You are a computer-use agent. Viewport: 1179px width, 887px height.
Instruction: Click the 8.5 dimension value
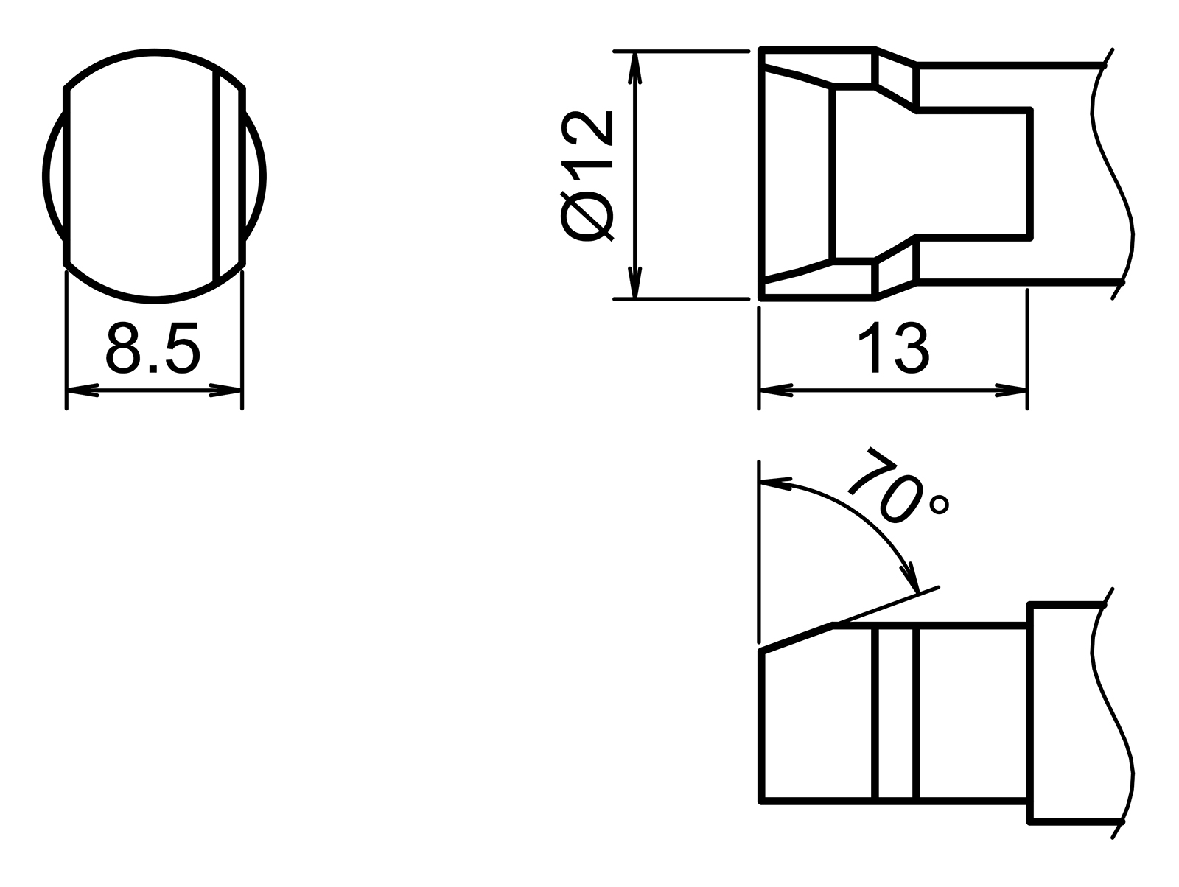coord(153,348)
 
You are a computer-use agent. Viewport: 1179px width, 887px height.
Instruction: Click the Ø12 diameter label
coord(587,177)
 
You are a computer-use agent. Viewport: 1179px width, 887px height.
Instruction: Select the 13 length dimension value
coord(893,348)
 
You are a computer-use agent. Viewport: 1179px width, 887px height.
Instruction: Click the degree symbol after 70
coord(940,505)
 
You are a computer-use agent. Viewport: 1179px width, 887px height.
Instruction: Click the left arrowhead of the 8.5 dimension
coord(81,390)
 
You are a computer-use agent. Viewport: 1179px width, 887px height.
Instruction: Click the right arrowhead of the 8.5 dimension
coord(227,390)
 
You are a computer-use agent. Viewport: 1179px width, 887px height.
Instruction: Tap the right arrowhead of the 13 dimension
coord(1011,390)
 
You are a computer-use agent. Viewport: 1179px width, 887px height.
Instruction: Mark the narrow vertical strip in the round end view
coord(228,177)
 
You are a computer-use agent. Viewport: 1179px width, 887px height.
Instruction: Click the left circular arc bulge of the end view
coord(55,177)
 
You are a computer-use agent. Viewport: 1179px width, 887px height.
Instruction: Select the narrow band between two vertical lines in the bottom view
coord(896,712)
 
